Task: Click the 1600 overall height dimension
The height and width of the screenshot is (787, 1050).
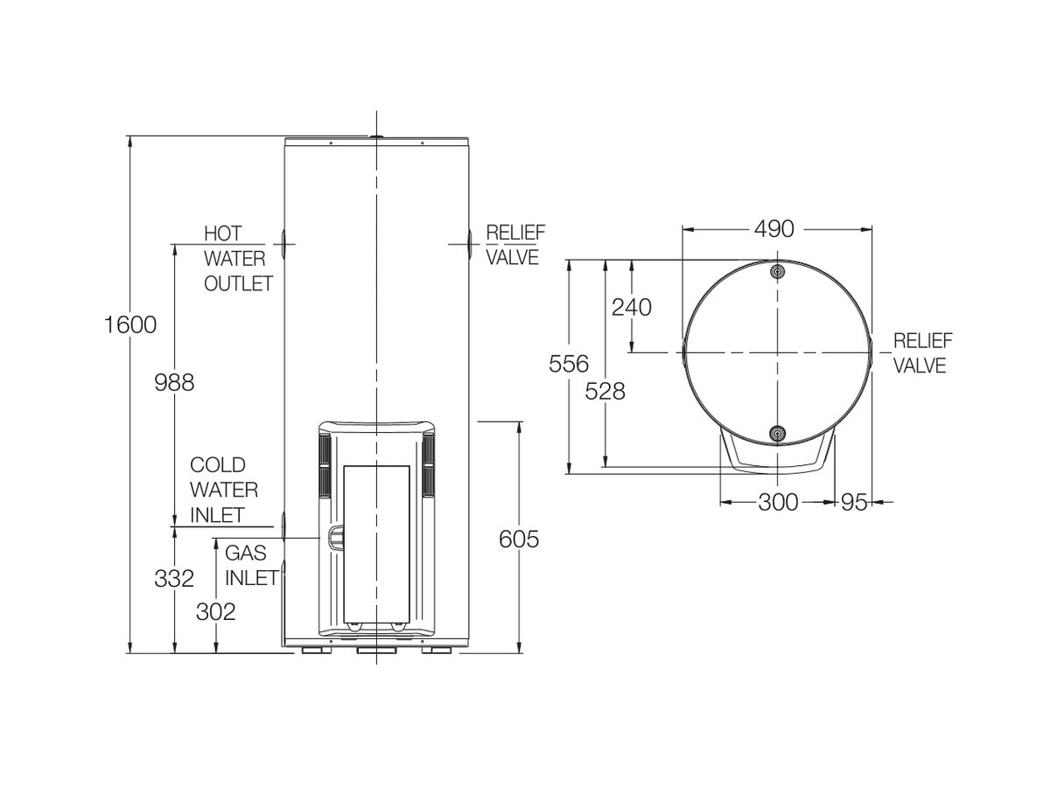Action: [129, 324]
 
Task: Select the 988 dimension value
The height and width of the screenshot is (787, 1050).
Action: [173, 382]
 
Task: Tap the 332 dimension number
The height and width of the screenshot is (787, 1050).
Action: [173, 579]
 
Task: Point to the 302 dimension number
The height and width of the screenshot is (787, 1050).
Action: [215, 611]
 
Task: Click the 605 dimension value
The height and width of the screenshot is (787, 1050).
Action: [519, 540]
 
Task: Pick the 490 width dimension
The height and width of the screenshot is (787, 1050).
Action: [773, 229]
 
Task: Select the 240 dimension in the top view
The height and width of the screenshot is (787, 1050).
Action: [632, 307]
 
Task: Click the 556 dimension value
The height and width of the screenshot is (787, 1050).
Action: [569, 363]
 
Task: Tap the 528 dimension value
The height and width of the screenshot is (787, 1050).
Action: [605, 391]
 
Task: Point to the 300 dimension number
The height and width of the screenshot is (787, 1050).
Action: [778, 502]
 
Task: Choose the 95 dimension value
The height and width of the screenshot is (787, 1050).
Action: [855, 502]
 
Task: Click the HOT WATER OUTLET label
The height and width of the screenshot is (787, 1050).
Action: [237, 259]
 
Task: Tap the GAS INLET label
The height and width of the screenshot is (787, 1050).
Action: [251, 565]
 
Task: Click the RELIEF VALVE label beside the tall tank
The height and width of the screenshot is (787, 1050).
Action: [514, 245]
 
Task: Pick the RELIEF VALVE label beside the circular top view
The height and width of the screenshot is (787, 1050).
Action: [921, 353]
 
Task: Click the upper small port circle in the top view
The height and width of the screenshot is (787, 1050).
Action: [777, 271]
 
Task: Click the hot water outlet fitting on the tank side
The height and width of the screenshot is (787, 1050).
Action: [283, 242]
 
